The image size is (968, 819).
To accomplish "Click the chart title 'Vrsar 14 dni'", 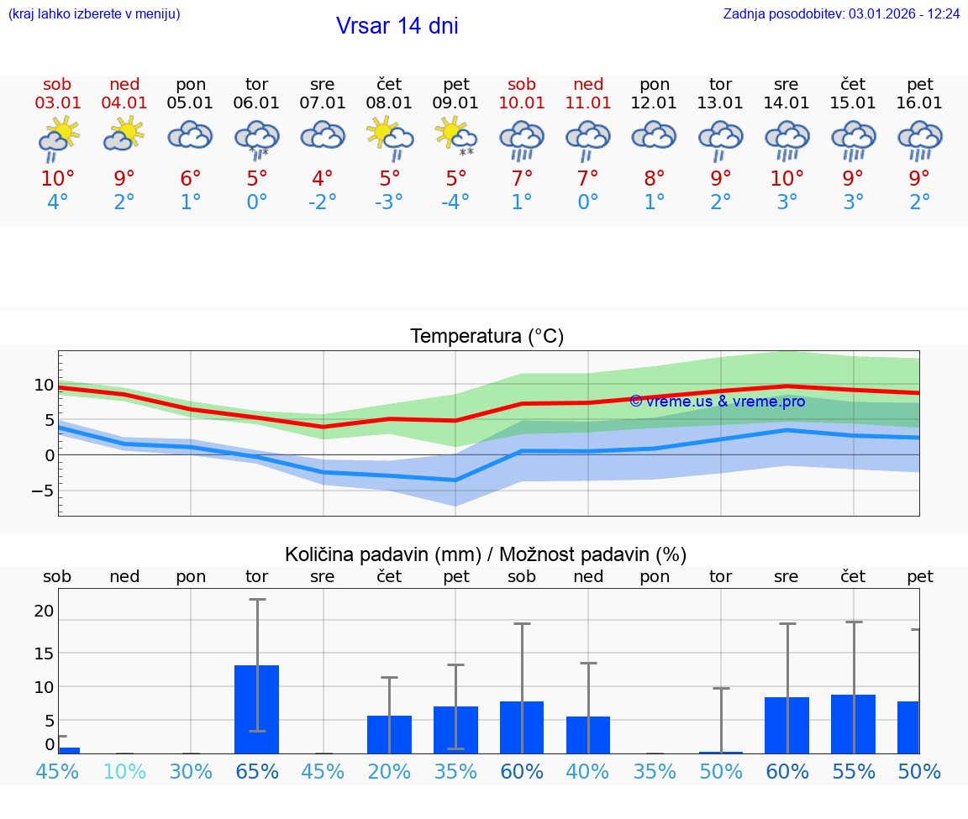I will [x=397, y=26].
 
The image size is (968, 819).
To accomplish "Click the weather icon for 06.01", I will [x=256, y=139].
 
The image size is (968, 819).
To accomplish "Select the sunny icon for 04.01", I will [x=124, y=134].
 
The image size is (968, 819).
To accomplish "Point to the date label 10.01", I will [x=522, y=103].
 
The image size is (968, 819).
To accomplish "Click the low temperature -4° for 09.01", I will [x=455, y=202].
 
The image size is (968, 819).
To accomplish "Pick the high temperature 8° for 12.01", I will [x=655, y=179].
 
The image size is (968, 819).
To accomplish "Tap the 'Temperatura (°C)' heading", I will [x=487, y=337].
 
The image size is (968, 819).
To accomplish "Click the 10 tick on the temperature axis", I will [x=44, y=386].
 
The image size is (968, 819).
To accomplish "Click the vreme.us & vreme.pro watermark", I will [x=717, y=402].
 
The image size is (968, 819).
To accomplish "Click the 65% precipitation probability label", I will [x=256, y=772].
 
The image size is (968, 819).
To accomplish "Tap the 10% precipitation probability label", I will [x=124, y=772].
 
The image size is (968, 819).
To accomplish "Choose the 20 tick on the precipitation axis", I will [x=44, y=611].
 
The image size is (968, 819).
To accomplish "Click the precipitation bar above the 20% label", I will [x=389, y=734].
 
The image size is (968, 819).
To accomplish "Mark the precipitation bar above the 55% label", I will [x=853, y=724].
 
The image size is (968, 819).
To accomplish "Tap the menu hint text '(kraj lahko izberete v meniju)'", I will [x=94, y=14].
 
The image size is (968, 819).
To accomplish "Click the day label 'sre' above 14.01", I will [x=786, y=84].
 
